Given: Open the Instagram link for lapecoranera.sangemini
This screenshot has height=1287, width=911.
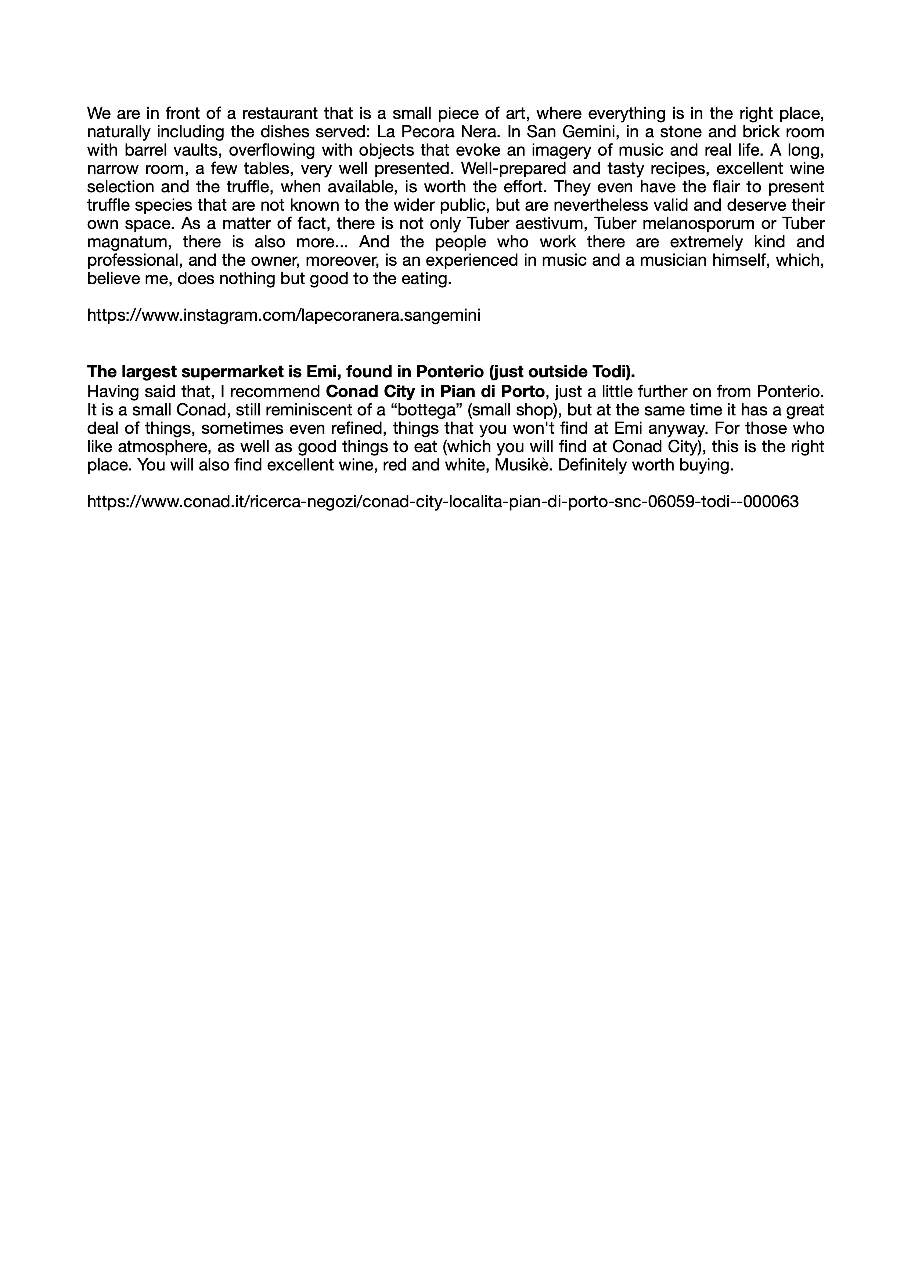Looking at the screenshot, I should click(x=283, y=316).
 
